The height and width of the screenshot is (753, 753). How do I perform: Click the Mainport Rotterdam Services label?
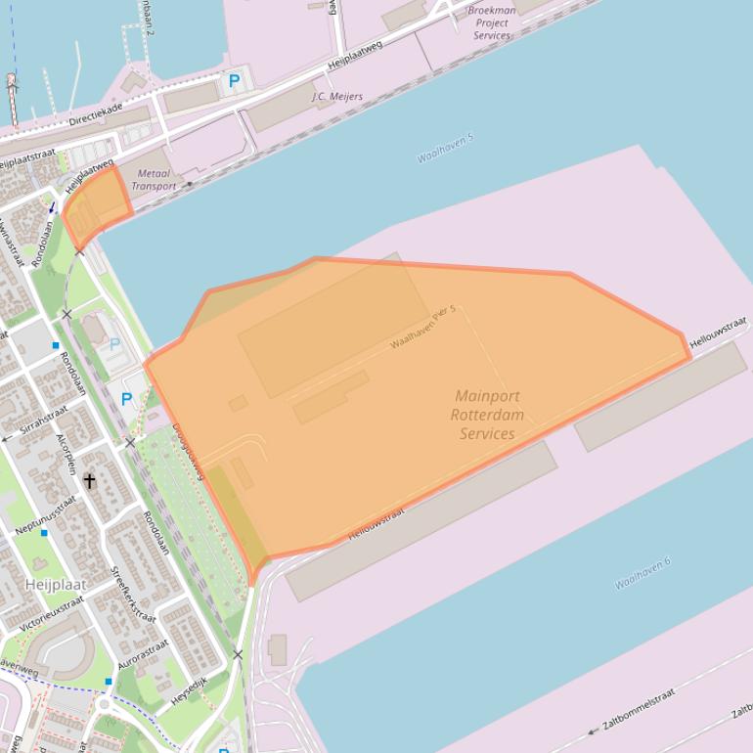(x=487, y=415)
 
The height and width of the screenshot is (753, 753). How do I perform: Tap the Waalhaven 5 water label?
(x=445, y=148)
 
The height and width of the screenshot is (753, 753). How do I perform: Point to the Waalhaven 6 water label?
(x=642, y=573)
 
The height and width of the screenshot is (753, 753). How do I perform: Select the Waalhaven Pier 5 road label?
(x=423, y=328)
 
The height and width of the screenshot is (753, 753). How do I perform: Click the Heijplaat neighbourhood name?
(x=55, y=585)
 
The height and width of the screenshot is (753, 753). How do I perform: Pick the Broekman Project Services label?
(x=492, y=23)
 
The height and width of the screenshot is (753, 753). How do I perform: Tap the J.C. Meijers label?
(x=337, y=97)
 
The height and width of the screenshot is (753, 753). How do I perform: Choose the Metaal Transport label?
(x=154, y=180)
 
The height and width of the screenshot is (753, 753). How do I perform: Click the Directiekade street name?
(x=96, y=114)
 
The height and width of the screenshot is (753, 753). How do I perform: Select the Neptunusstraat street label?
(x=45, y=515)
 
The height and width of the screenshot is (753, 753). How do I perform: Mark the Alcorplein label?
(x=66, y=454)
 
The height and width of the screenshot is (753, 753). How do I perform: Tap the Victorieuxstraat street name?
(x=52, y=613)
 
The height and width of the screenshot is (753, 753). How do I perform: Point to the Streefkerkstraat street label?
(x=132, y=595)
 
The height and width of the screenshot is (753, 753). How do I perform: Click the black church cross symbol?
(x=90, y=481)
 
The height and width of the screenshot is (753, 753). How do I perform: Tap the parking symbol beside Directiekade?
(x=234, y=81)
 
